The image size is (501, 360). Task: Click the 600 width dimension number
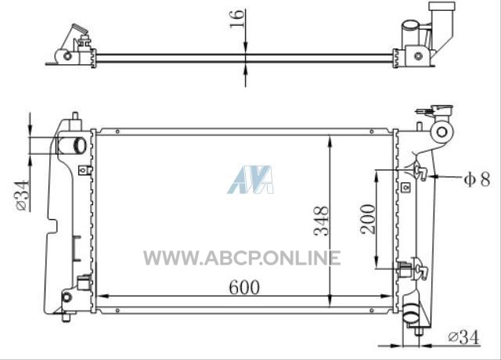[x=244, y=287]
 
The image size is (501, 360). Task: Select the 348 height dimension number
[x=321, y=221]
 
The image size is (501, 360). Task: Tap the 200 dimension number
[x=368, y=219]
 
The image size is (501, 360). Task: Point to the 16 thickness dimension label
[x=237, y=19]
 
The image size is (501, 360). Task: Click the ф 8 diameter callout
[x=477, y=179]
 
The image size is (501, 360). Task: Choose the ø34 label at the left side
[x=22, y=196]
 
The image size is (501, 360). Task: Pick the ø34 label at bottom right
[x=464, y=337]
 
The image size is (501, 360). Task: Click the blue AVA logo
[x=250, y=179]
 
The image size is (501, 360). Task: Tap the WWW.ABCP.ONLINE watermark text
[x=242, y=258]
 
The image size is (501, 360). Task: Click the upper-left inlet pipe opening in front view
[x=80, y=146]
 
